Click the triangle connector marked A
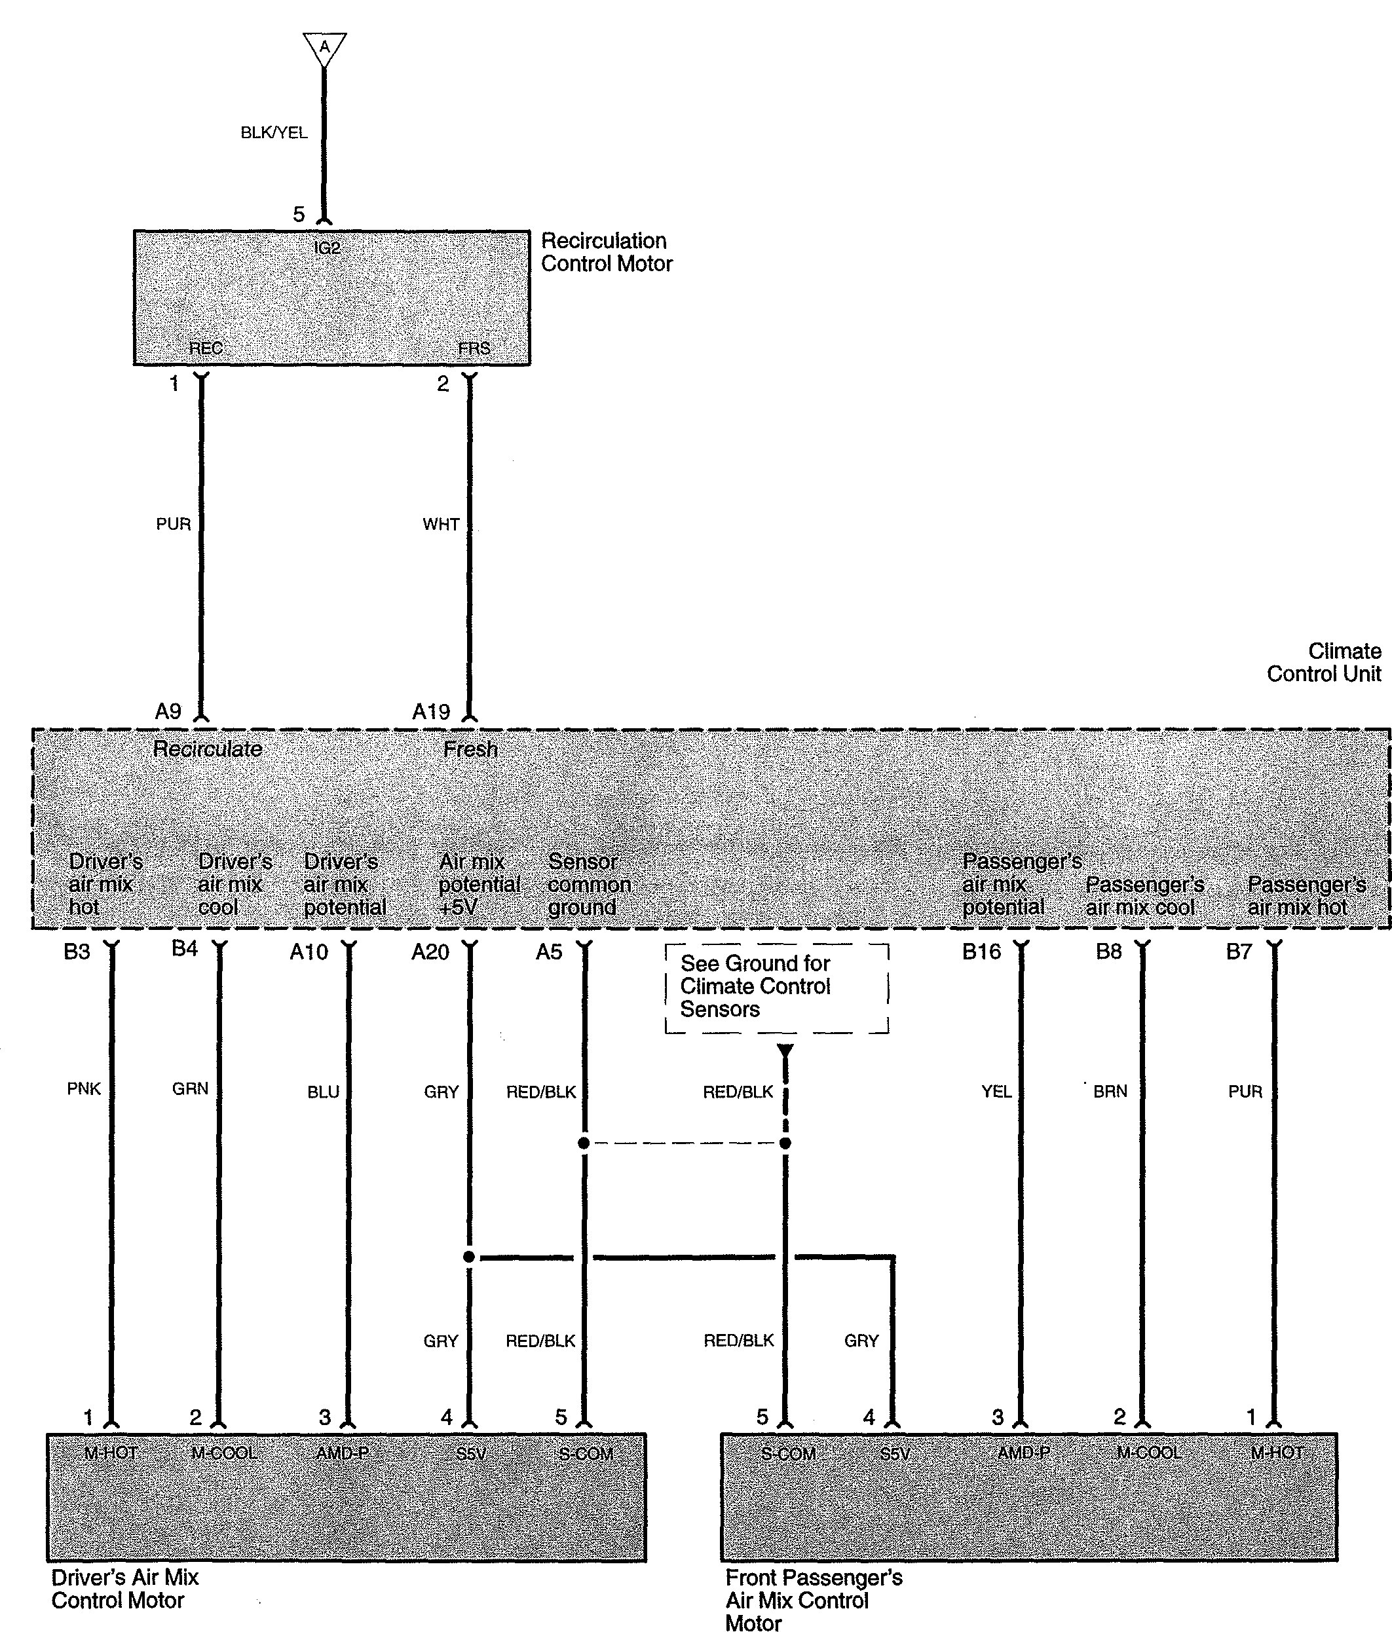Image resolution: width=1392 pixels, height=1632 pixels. coord(324,47)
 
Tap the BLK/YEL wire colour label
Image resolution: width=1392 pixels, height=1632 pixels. coord(273,133)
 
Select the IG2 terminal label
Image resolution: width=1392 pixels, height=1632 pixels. coord(327,248)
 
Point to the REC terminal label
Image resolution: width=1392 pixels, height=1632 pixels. coord(206,348)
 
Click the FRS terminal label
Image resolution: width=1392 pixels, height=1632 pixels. coord(474,348)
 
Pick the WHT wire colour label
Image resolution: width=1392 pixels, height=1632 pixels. coord(440,525)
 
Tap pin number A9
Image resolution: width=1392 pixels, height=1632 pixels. coord(168,712)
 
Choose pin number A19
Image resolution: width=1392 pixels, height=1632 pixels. coord(431,712)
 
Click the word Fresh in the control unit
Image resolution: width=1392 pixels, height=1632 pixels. coord(470,749)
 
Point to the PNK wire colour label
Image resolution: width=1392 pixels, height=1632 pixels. coord(83,1089)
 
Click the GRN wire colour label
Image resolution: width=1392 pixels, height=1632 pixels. coord(190,1089)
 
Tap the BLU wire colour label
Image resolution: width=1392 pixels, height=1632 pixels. coord(323,1092)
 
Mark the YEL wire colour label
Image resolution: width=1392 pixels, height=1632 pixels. coord(996,1092)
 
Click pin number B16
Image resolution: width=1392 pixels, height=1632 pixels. coord(981,952)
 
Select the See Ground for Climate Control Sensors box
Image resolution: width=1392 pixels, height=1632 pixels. coord(777,988)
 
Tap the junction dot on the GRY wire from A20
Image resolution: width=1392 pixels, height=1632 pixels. coord(469,1257)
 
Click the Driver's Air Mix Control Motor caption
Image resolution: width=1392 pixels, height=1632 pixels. coord(124,1589)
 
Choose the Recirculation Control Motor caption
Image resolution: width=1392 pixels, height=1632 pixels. coord(606,252)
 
